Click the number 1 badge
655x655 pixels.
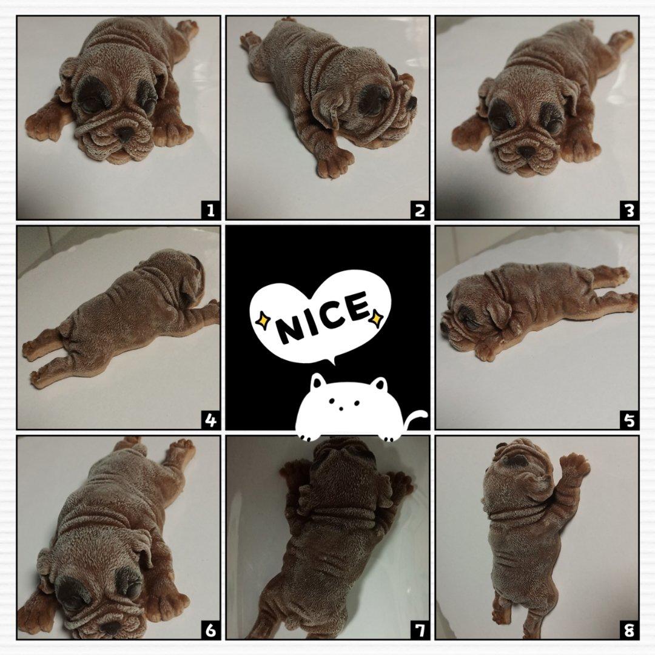tap(210, 210)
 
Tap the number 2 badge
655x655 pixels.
tap(420, 210)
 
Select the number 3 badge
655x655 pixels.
tap(630, 210)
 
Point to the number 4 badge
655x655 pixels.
tap(210, 420)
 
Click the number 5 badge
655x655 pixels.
tap(630, 420)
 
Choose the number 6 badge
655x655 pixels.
tap(210, 630)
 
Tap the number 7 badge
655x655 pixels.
tap(420, 630)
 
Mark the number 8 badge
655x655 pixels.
tap(630, 630)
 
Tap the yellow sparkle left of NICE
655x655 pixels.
tap(263, 320)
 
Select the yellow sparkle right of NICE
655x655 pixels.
tap(376, 317)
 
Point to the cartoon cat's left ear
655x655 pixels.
tap(317, 381)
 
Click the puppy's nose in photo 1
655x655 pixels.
tap(125, 134)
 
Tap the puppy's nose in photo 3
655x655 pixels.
tap(527, 151)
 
